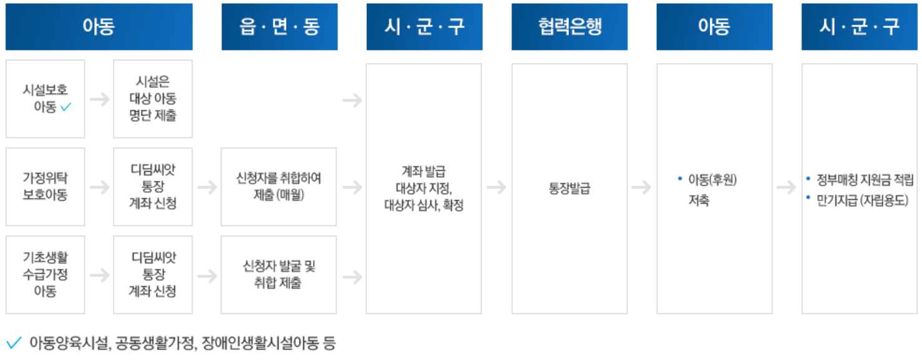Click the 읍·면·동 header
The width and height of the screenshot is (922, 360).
(279, 27)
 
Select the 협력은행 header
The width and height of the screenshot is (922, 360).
(569, 27)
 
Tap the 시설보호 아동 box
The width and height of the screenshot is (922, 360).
(45, 99)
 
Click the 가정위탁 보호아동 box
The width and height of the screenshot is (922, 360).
(45, 187)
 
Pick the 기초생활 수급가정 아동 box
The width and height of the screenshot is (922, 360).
(45, 275)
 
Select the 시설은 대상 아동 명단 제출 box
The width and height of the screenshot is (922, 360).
(153, 99)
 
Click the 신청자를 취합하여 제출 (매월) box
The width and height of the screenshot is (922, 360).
(278, 187)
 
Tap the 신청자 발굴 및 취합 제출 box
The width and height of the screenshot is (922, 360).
(278, 275)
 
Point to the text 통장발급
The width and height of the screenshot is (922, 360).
(569, 188)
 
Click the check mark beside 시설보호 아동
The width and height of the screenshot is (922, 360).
(66, 107)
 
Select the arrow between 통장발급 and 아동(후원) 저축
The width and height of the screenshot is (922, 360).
(641, 187)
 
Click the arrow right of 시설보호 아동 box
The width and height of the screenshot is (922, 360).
(99, 99)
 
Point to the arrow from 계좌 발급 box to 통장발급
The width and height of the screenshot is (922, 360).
(496, 187)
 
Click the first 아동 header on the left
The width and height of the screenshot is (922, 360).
(99, 27)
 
